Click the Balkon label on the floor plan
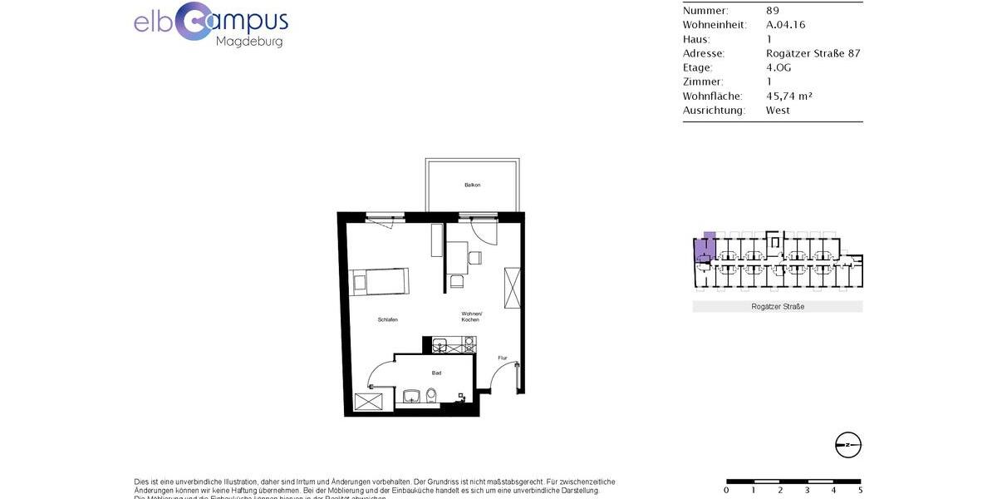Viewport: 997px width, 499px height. pyautogui.click(x=473, y=185)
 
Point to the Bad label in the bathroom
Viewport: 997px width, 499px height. pyautogui.click(x=436, y=373)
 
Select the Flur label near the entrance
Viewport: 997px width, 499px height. pyautogui.click(x=502, y=358)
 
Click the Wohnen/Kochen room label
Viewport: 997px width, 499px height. pyautogui.click(x=471, y=316)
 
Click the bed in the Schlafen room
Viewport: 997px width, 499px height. pyautogui.click(x=379, y=281)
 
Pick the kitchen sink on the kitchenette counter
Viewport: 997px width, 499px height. pyautogui.click(x=440, y=344)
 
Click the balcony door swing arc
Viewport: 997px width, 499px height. pyautogui.click(x=483, y=232)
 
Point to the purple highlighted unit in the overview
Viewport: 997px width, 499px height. pyautogui.click(x=705, y=248)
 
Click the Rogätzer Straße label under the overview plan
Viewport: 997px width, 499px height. pyautogui.click(x=777, y=307)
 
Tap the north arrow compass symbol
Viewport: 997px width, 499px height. pyautogui.click(x=848, y=445)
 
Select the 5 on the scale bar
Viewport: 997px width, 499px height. pyautogui.click(x=860, y=490)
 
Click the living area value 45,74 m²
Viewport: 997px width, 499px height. pyautogui.click(x=788, y=96)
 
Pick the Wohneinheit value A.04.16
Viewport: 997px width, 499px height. pyautogui.click(x=785, y=25)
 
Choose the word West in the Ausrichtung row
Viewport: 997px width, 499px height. pyautogui.click(x=778, y=110)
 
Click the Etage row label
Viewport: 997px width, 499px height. pyautogui.click(x=698, y=67)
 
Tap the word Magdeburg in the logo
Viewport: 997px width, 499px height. pyautogui.click(x=249, y=42)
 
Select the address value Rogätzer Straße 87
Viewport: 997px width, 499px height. pyautogui.click(x=813, y=53)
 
